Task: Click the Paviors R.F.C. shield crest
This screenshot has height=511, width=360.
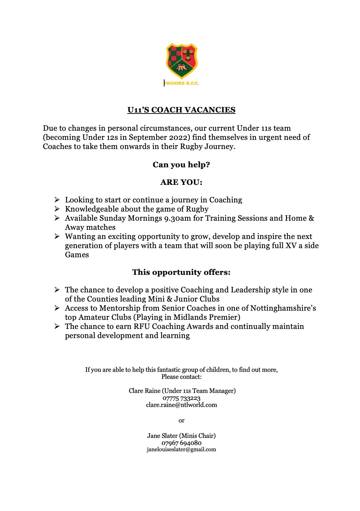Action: click(x=182, y=60)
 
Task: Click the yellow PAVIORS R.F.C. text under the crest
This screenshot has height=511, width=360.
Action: click(x=182, y=83)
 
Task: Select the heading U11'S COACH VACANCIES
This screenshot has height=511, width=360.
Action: click(x=181, y=110)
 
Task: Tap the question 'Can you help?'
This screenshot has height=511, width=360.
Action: click(x=181, y=165)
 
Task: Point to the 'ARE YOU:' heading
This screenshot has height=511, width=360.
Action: click(x=181, y=182)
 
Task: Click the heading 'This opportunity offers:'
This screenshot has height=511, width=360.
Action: click(x=181, y=272)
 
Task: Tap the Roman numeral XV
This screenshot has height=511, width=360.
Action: click(x=291, y=246)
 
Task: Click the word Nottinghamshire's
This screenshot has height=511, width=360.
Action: click(x=283, y=308)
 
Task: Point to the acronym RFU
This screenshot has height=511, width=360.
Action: click(x=142, y=326)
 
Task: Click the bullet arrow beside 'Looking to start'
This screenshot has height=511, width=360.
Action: click(x=57, y=200)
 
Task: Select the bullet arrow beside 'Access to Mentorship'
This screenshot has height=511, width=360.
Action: click(x=57, y=308)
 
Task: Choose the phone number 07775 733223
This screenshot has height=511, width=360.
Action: click(x=181, y=398)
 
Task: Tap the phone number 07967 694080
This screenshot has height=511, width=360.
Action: click(x=181, y=443)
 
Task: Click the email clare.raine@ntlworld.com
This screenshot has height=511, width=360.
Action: click(x=181, y=405)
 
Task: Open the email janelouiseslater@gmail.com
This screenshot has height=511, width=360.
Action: click(x=181, y=449)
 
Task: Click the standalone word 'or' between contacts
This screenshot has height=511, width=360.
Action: click(x=181, y=421)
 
